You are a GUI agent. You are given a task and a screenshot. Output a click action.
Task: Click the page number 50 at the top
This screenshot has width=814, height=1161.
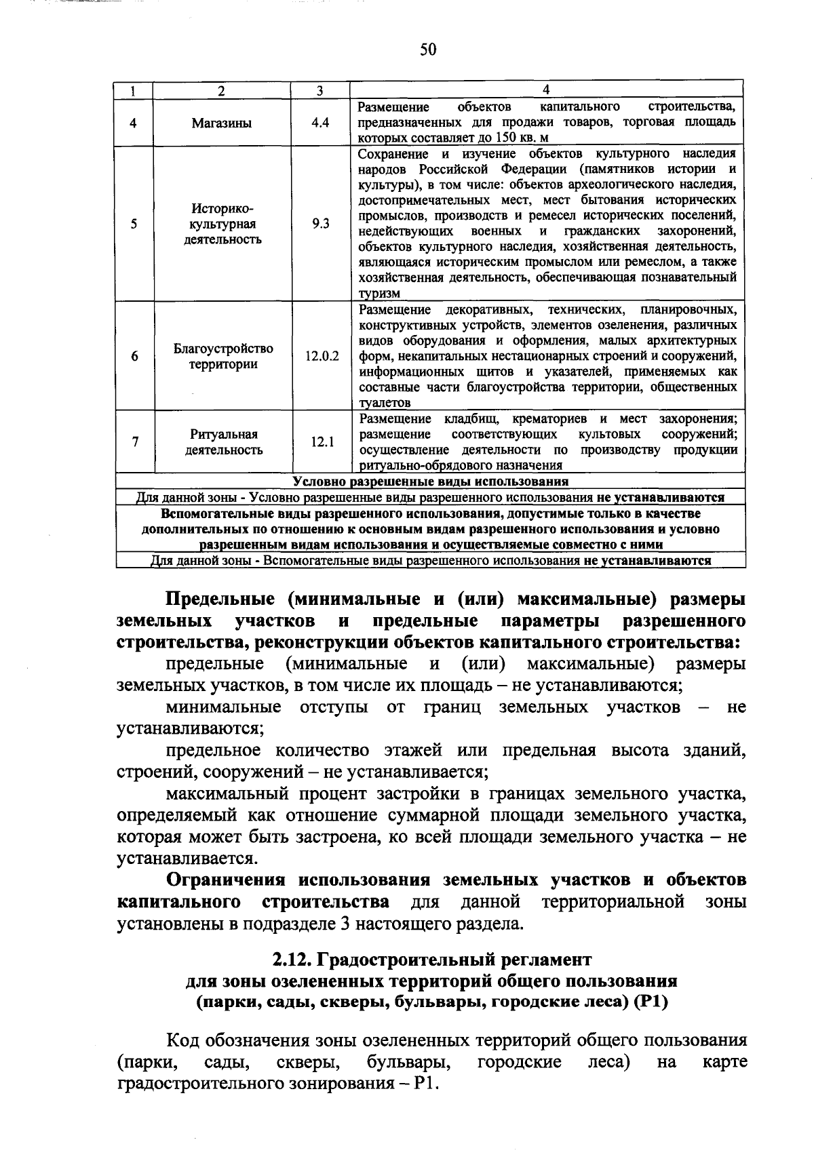coord(428,50)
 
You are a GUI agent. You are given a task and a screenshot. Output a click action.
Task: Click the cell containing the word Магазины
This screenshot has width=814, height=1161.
coord(222,123)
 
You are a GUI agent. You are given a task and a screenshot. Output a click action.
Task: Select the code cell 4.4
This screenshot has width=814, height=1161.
coord(320,123)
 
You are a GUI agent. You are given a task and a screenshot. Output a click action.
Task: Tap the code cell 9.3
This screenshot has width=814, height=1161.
coord(320,224)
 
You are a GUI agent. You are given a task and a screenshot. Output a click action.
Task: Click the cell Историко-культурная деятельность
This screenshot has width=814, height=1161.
coord(222,224)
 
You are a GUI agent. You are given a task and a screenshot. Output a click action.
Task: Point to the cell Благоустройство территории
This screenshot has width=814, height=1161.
coord(223,356)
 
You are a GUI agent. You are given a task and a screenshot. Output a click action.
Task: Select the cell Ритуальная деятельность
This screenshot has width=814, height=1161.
coord(223,442)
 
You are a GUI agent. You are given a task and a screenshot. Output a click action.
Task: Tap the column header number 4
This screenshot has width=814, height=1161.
coord(547,90)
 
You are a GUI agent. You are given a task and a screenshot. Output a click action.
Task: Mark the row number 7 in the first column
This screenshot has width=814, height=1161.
coord(134,442)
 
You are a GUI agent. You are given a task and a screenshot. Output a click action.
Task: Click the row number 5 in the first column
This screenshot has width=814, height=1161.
coord(134,224)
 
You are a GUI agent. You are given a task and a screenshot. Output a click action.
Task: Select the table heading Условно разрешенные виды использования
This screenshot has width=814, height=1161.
coord(430,482)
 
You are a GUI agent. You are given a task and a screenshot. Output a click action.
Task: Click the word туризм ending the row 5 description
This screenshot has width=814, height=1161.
coord(379,294)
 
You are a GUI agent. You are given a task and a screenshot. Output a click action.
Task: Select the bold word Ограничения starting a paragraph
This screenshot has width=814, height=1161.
coord(230,880)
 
